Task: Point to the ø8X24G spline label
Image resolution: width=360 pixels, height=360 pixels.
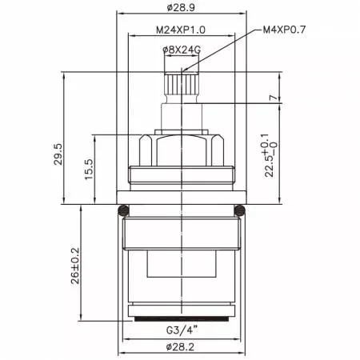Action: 182,49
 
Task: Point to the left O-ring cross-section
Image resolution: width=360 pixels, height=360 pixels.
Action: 122,210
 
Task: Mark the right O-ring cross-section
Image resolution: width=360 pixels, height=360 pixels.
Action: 240,210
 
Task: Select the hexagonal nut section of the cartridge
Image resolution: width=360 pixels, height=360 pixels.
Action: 182,147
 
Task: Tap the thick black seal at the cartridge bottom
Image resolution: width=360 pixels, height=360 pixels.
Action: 182,320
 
